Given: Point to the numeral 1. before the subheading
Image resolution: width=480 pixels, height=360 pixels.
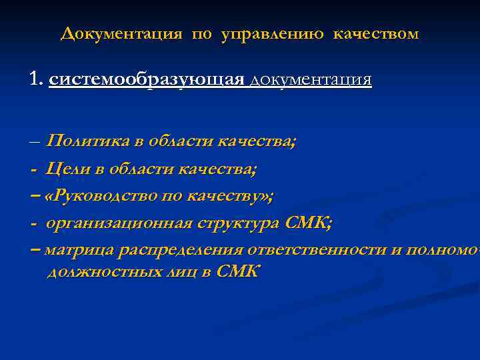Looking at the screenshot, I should [x=36, y=80].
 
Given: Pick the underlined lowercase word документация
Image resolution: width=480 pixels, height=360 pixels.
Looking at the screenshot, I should [x=311, y=81].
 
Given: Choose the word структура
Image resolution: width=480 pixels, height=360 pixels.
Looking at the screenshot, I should [x=238, y=223].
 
